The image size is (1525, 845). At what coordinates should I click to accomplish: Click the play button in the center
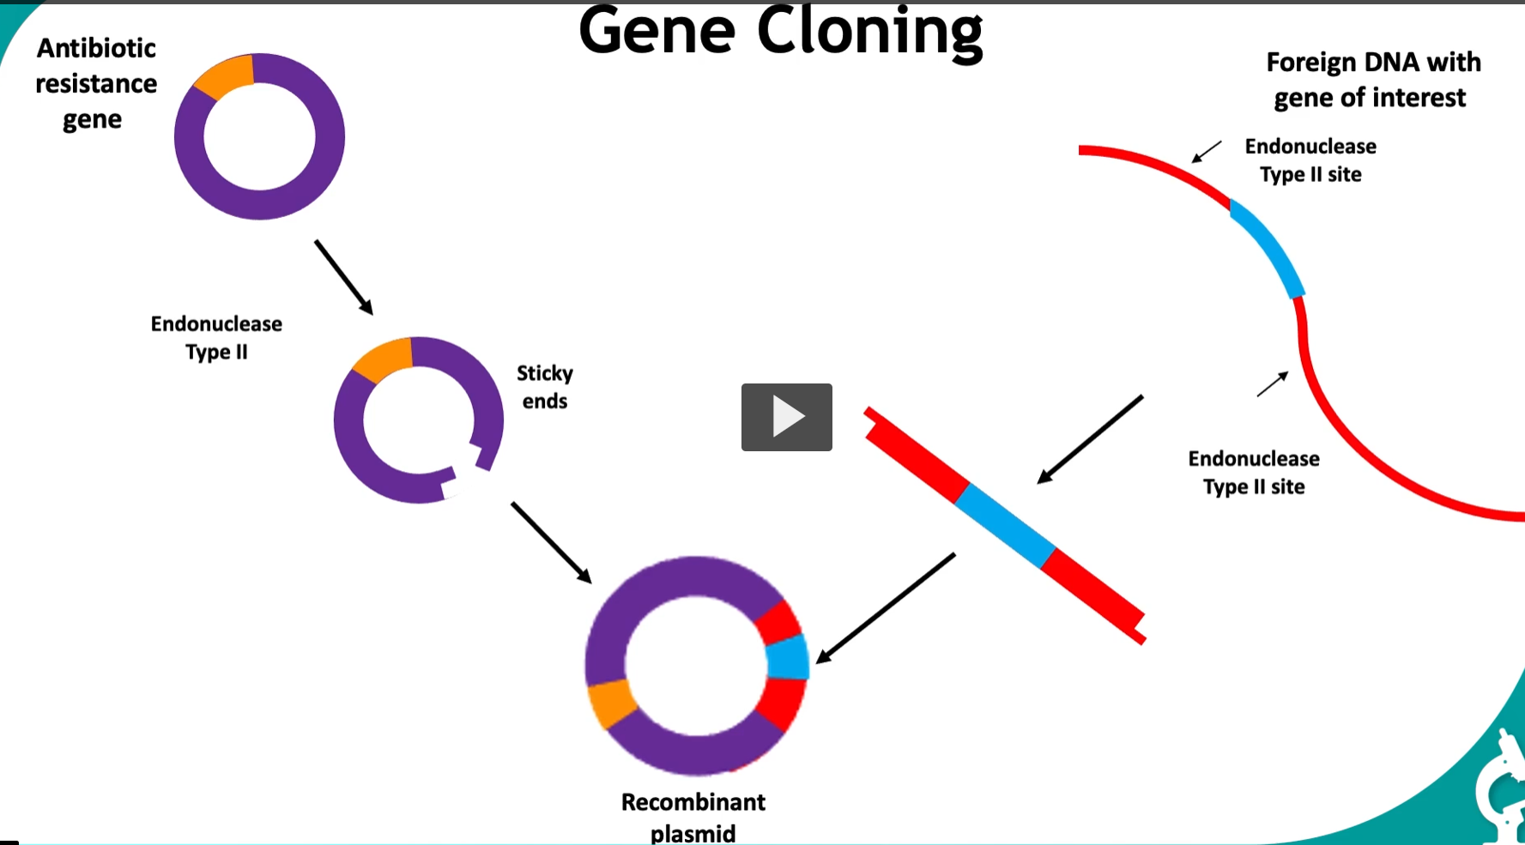pyautogui.click(x=786, y=417)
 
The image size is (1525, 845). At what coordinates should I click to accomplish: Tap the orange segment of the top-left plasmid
pyautogui.click(x=226, y=75)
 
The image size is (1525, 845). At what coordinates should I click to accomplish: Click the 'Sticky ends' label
pyautogui.click(x=544, y=387)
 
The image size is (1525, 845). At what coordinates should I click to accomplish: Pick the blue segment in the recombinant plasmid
pyautogui.click(x=788, y=659)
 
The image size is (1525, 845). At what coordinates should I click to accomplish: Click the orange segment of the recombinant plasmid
pyautogui.click(x=611, y=704)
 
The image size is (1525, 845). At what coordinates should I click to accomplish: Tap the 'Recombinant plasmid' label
pyautogui.click(x=693, y=817)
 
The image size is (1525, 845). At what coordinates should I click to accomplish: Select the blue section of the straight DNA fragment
pyautogui.click(x=1005, y=526)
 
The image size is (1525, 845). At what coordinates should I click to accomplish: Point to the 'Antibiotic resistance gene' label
pyautogui.click(x=95, y=83)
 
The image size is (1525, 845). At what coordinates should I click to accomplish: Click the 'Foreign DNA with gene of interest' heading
pyautogui.click(x=1372, y=80)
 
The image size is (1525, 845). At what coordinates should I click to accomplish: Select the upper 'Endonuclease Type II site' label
pyautogui.click(x=1310, y=160)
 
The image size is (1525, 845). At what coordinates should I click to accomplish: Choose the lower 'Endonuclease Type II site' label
pyautogui.click(x=1254, y=473)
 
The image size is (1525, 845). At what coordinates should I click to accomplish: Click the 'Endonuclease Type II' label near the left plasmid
pyautogui.click(x=216, y=337)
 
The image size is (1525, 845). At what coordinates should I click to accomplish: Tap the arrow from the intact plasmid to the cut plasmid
pyautogui.click(x=343, y=277)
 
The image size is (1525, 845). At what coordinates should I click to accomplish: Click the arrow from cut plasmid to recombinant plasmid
pyautogui.click(x=551, y=542)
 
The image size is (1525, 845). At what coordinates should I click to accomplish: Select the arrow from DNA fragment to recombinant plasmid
pyautogui.click(x=886, y=607)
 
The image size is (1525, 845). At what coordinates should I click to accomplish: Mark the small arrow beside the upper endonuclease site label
pyautogui.click(x=1207, y=153)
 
